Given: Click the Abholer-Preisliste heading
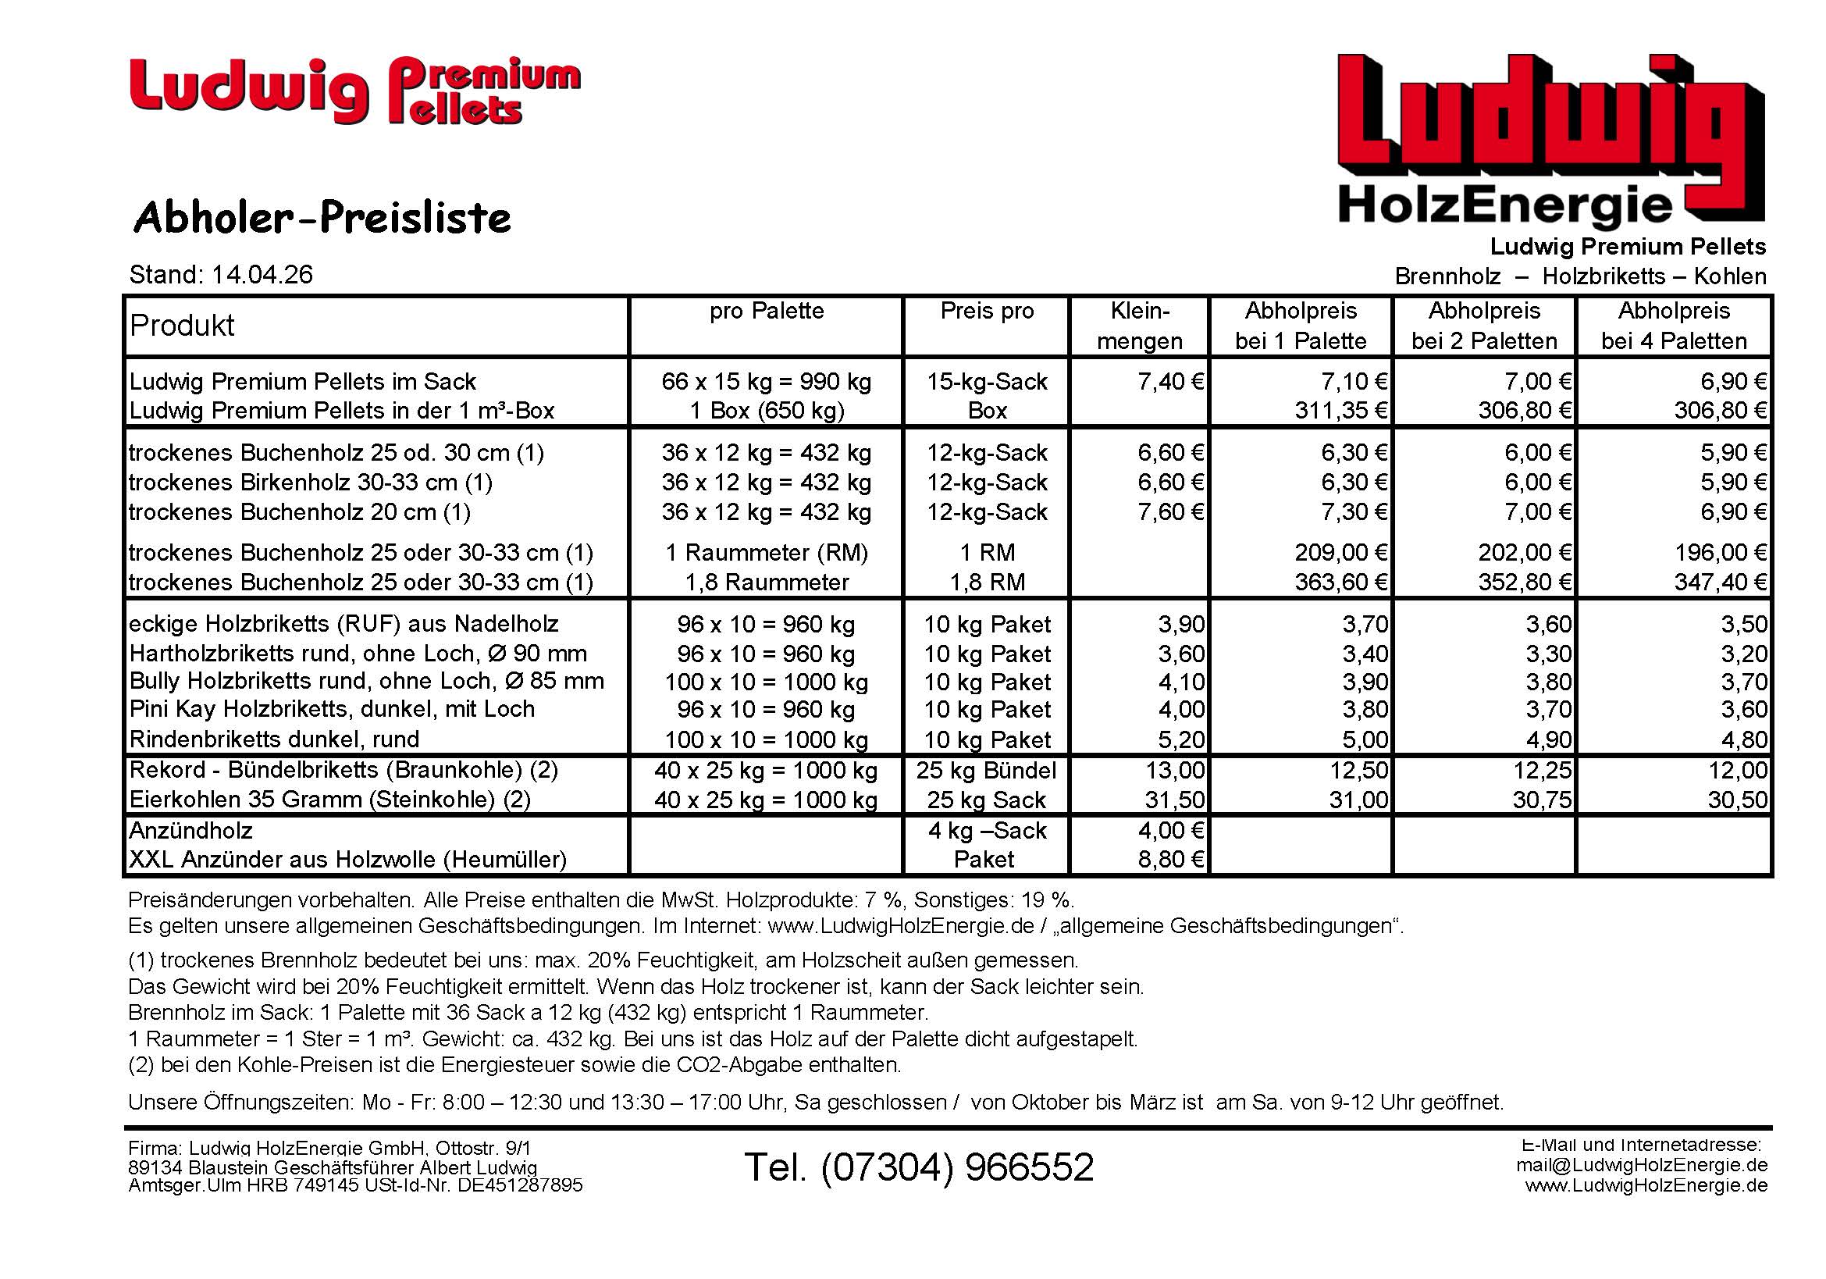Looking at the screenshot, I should pos(322,218).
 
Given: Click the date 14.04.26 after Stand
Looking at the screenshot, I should pos(262,275).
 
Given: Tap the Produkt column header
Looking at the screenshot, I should pos(182,326).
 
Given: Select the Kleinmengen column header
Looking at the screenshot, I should pos(1140,326).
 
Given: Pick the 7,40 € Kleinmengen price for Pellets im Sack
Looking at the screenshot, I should pos(1171,382).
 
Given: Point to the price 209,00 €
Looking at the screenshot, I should pos(1341,552).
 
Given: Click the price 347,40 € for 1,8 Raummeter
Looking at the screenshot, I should pos(1721,582).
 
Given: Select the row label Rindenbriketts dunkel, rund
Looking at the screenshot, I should pos(274,739).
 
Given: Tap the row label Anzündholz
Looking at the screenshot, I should pos(190,831).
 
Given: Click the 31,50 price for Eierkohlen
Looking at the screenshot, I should pos(1175,800).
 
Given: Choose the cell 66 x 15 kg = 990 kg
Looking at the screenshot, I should pos(766,382).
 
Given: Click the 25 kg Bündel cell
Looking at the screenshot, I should pos(986,770).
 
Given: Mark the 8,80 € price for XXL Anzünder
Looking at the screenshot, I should pos(1171,860).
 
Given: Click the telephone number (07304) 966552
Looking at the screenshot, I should pos(919,1167).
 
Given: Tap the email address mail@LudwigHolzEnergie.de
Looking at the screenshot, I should pos(1642,1165).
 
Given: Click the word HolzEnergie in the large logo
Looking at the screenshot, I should pos(1505,205).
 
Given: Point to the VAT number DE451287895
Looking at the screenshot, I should pos(519,1185).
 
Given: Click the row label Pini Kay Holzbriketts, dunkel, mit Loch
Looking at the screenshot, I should pos(332,710).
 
